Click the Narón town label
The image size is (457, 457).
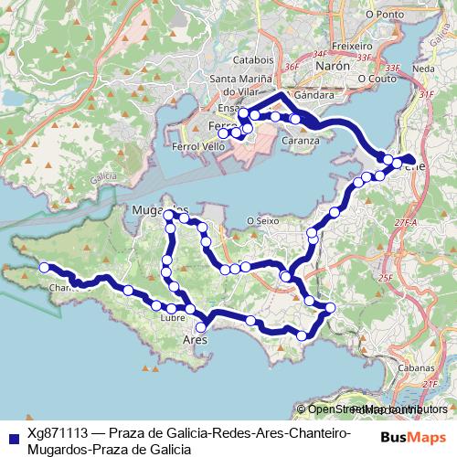tap(332, 67)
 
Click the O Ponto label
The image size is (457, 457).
tap(383, 15)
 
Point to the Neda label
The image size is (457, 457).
tap(423, 69)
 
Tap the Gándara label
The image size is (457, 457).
tap(314, 95)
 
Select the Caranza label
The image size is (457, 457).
tap(301, 141)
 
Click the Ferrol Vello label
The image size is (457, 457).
tap(197, 146)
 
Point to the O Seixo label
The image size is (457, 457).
tap(263, 220)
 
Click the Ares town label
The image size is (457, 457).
tap(197, 340)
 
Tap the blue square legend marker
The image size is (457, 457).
tap(11, 437)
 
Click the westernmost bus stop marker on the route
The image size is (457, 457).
tap(43, 267)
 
